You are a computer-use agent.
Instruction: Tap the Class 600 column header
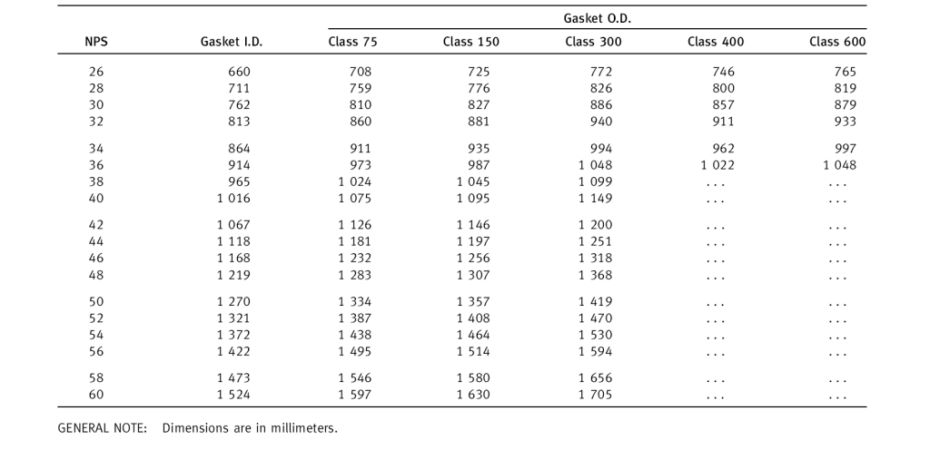tap(837, 42)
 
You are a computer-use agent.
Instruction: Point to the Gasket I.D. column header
tap(232, 42)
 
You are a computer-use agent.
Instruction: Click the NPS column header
tap(97, 42)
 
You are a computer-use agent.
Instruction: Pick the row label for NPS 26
tap(97, 72)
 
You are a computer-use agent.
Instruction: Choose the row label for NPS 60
tap(97, 395)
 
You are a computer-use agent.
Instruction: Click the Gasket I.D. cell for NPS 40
tap(233, 198)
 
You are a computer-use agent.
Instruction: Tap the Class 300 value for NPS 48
tap(596, 275)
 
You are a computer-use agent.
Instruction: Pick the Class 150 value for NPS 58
tap(473, 378)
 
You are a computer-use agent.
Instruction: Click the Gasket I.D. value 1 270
tap(233, 302)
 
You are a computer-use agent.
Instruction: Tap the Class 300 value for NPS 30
tap(601, 105)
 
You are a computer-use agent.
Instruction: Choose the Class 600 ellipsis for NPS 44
tap(837, 243)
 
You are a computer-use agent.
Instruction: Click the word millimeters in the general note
tap(303, 427)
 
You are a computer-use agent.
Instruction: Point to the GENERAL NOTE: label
tap(102, 427)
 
